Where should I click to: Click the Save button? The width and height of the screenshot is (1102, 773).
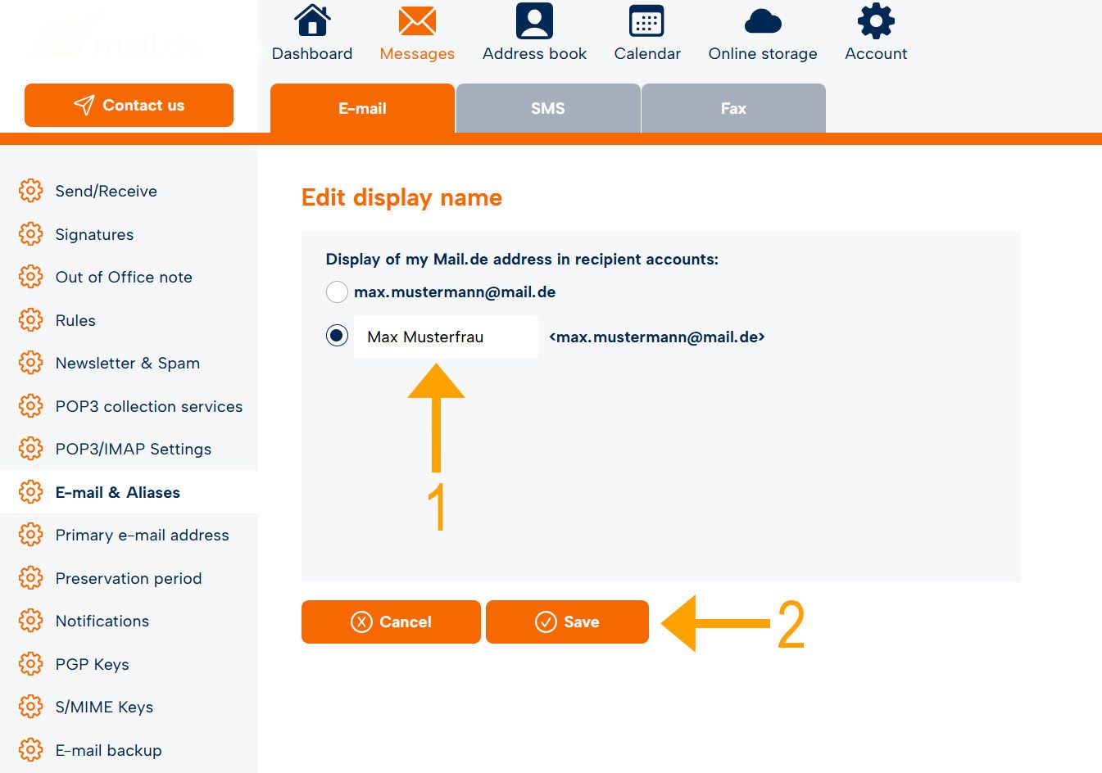click(x=567, y=622)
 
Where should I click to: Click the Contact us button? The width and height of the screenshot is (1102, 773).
click(x=129, y=106)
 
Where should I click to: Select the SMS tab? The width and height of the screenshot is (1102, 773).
click(x=548, y=108)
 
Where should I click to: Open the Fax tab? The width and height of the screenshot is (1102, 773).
click(x=733, y=108)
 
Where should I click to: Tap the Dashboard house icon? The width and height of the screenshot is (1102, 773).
click(x=312, y=20)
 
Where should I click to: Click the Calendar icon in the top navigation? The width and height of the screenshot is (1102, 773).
click(x=646, y=20)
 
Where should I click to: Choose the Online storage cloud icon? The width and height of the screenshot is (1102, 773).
click(x=763, y=21)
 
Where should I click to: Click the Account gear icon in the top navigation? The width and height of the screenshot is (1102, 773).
click(x=876, y=20)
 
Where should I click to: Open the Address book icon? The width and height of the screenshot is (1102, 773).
click(x=534, y=20)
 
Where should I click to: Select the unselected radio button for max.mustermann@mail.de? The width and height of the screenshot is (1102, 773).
click(x=337, y=292)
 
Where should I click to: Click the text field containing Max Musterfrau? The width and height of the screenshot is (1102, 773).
click(x=446, y=337)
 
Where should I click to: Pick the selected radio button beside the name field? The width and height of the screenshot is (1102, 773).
click(x=337, y=336)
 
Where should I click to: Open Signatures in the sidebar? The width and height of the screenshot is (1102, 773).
click(x=94, y=234)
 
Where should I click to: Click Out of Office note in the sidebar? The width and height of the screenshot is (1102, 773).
click(x=124, y=277)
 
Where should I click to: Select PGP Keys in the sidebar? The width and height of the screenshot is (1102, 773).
click(x=92, y=664)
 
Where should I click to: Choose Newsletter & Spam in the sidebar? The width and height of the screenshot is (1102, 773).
click(x=128, y=363)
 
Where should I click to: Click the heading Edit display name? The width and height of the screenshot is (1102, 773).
click(x=401, y=197)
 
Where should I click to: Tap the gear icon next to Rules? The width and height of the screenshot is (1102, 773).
click(x=30, y=320)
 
